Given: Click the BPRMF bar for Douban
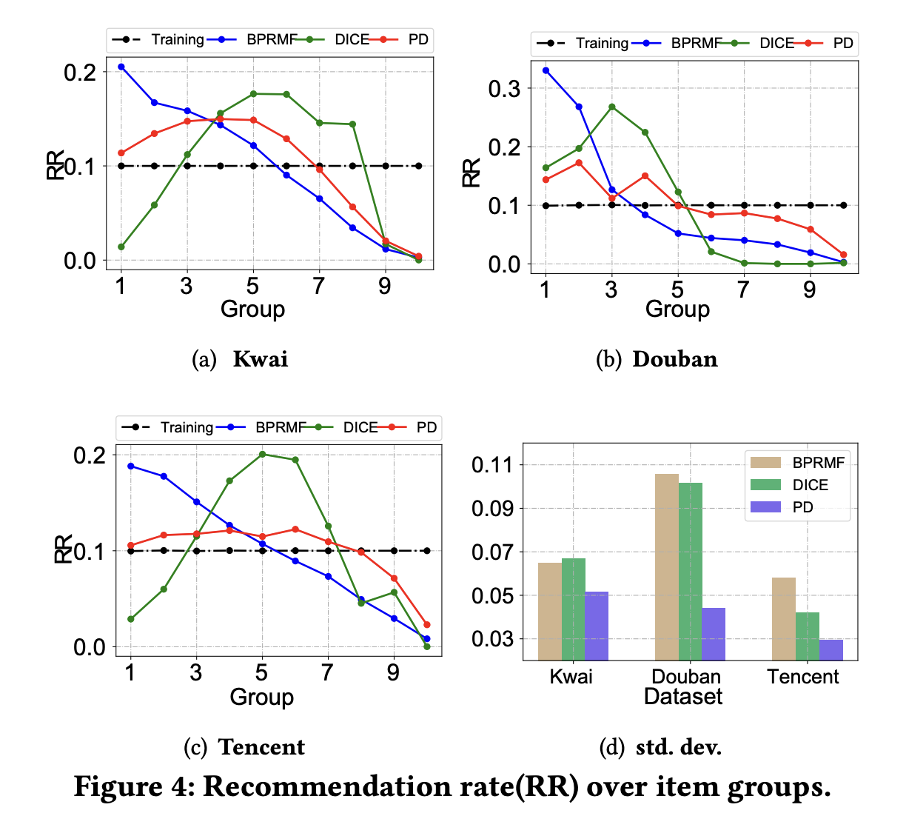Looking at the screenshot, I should [x=667, y=566].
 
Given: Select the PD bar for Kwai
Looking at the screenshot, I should [x=596, y=626].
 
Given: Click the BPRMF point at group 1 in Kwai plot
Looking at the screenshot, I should [x=121, y=67].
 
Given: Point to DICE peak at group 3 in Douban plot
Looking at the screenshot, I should [x=611, y=107].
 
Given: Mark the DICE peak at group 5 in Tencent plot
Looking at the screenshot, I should [x=262, y=454].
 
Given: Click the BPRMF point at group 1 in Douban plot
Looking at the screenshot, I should [x=546, y=70].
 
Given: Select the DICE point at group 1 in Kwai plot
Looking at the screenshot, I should [x=121, y=247].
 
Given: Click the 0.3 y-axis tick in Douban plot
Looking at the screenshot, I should [x=505, y=89].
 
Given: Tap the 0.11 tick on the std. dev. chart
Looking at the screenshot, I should [x=492, y=465].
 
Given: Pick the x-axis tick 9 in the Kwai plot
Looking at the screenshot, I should [x=385, y=287].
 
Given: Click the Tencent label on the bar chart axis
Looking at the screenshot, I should [x=803, y=676].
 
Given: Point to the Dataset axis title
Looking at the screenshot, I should [x=682, y=696].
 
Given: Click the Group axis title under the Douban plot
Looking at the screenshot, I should [x=677, y=309].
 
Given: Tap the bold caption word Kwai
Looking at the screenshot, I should [x=260, y=359].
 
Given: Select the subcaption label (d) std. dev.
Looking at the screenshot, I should [x=660, y=747].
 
